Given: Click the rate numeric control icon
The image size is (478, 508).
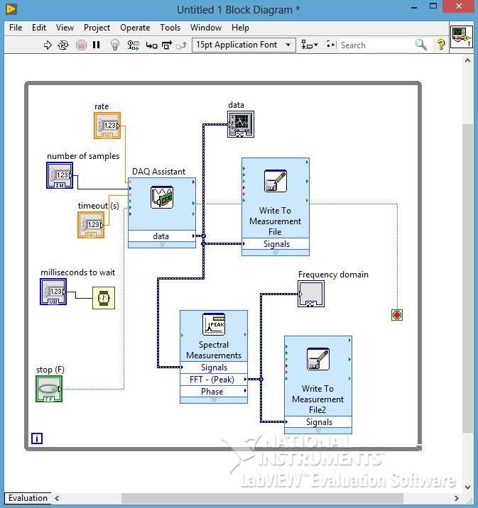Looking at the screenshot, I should coord(107,126).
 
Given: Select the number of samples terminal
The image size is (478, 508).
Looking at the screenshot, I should coord(60,175).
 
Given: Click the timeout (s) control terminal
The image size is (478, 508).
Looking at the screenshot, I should coord(91,225).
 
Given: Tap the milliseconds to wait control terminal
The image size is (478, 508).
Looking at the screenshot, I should coord(53,292).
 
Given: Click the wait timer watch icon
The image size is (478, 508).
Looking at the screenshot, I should coord(103,299).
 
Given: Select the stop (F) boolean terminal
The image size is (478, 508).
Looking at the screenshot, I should coord(49,389).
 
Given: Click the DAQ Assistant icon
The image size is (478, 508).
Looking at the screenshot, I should coord(162,197).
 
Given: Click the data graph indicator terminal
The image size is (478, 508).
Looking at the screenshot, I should coord(241,125).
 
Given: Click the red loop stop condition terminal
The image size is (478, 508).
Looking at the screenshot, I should coord(397,314).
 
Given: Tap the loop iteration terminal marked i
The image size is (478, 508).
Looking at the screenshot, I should coord(37,438).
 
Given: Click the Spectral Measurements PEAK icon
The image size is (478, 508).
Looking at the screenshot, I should coord(214,324).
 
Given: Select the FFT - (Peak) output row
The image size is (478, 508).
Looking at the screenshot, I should coord(214,380).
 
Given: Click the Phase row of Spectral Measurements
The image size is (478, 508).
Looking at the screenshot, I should coord(214,392).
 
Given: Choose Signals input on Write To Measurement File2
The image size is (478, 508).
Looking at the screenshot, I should coord(318,422).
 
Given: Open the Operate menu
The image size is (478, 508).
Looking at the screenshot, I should coord(135,28).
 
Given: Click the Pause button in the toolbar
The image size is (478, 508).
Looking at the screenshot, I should coord(97,45).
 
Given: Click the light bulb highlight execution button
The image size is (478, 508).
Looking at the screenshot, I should coord(115,45).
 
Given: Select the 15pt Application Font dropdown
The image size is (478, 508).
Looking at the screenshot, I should coord(244,45).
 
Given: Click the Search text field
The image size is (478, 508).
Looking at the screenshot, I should coord(374,45).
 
